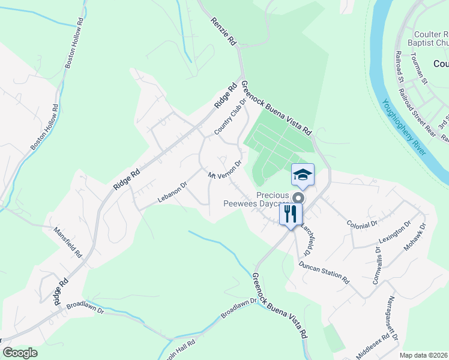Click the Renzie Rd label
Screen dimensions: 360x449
[x=223, y=35]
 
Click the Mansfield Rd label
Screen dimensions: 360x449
[x=68, y=241]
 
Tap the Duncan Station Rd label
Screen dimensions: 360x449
[x=324, y=272]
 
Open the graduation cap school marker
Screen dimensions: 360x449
[x=303, y=175]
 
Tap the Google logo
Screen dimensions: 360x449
[x=20, y=352]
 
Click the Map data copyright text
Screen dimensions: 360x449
[x=423, y=355]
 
